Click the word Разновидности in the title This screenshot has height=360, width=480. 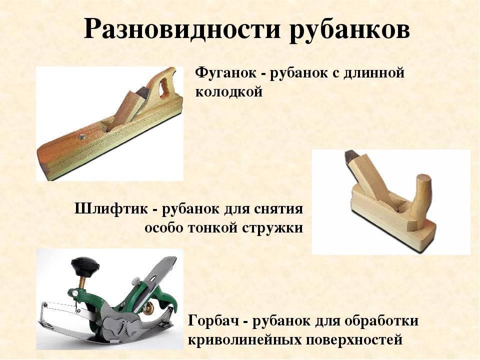click(x=182, y=29)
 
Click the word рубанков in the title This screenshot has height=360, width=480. click(x=349, y=30)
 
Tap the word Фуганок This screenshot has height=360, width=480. click(x=226, y=73)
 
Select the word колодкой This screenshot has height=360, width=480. click(x=228, y=92)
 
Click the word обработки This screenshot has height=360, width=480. click(x=381, y=321)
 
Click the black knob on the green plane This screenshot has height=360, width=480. click(x=85, y=263)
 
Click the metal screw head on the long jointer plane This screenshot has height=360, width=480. click(x=81, y=136)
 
